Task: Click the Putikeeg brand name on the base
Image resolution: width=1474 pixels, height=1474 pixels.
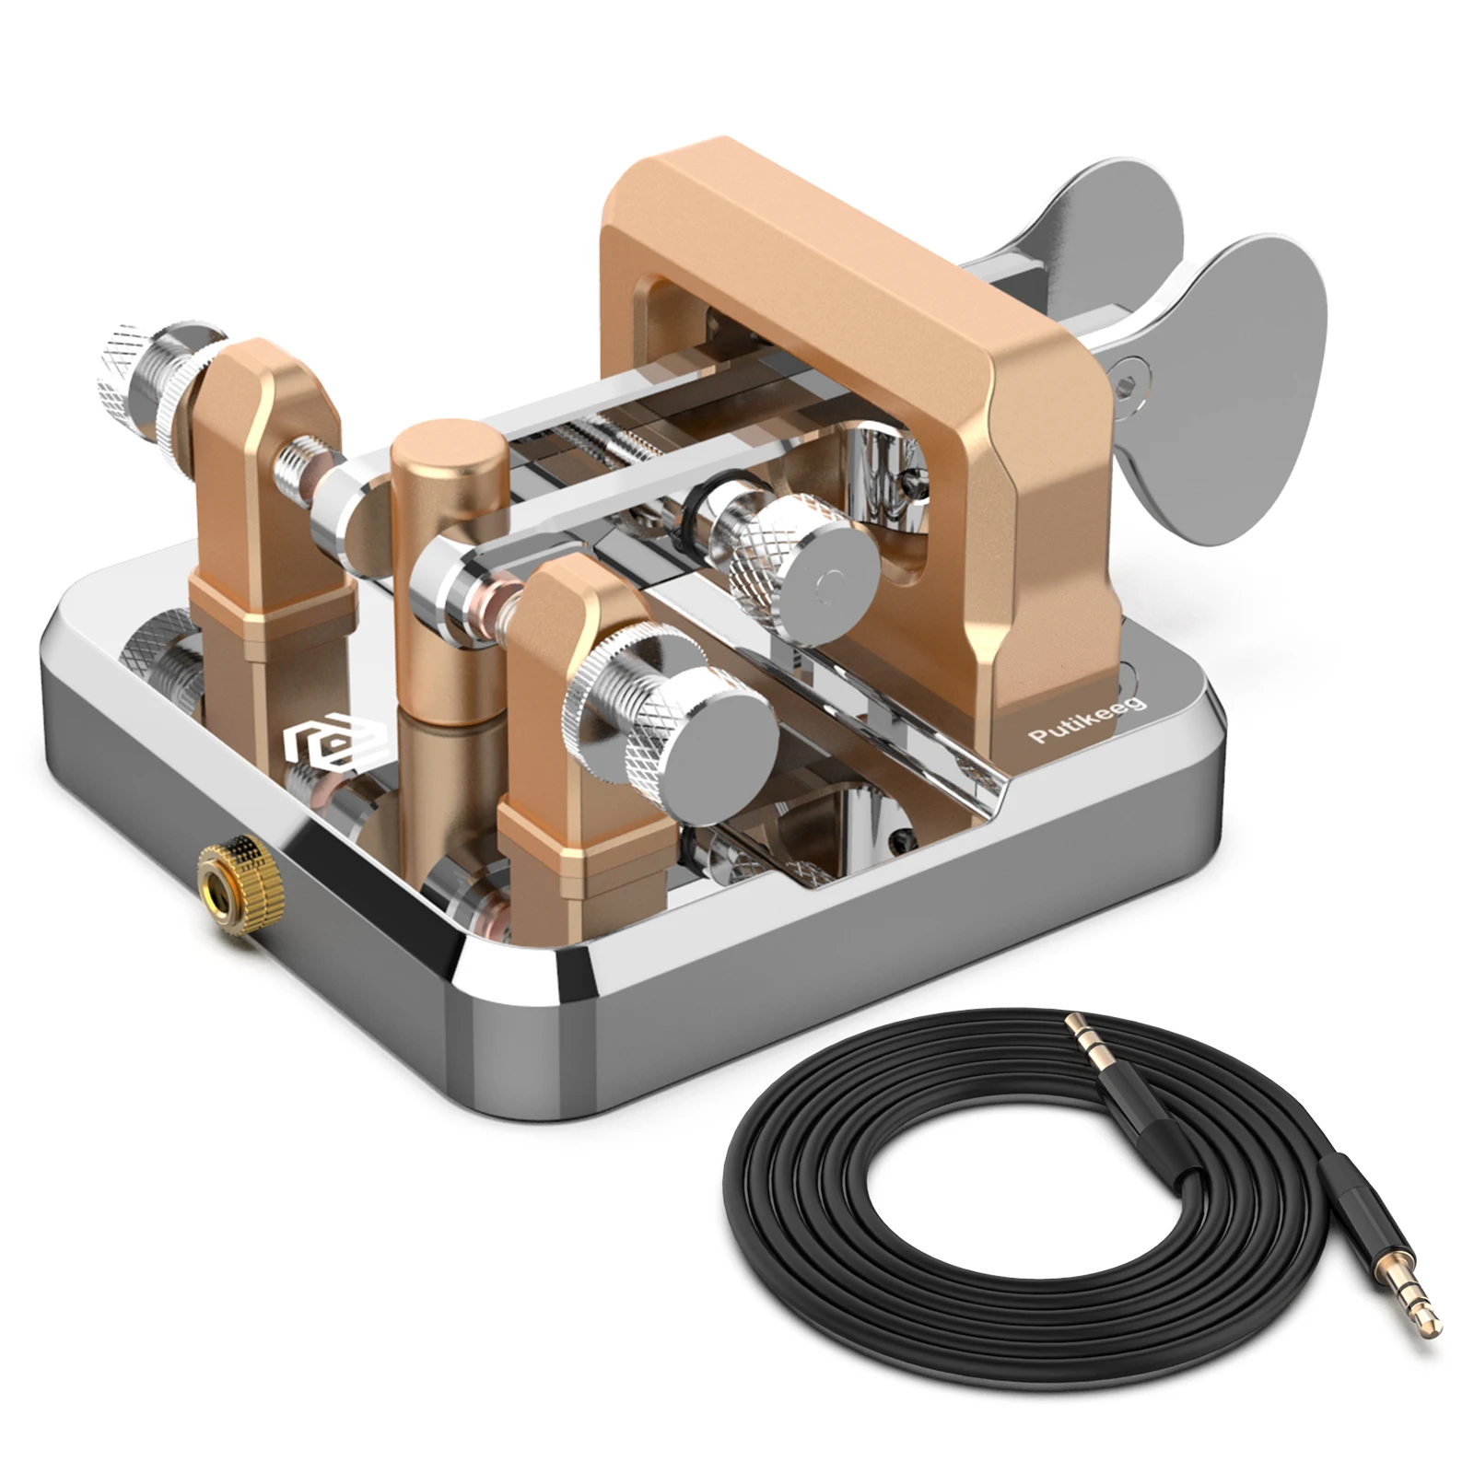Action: [x=1087, y=719]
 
